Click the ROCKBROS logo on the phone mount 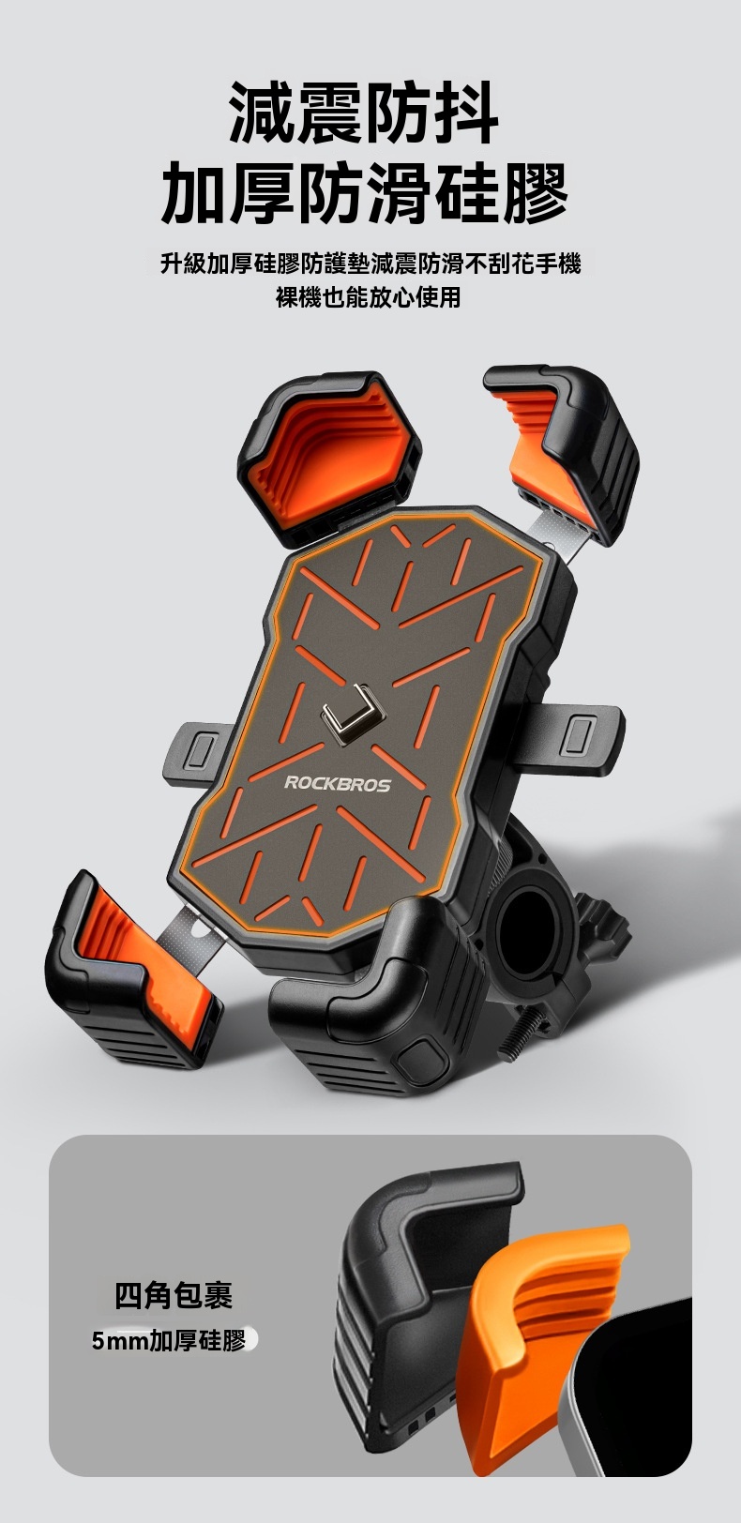pos(337,784)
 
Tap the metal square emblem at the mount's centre pos(353,714)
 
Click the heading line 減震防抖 pos(364,113)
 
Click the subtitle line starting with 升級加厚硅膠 pos(370,264)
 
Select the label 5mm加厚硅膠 pos(169,1341)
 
